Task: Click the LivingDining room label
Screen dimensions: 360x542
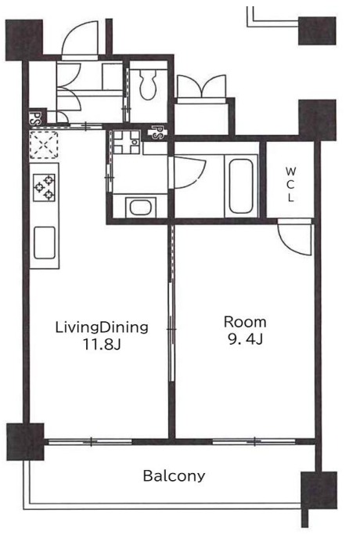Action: (x=102, y=327)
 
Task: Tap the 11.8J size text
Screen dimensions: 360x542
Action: (x=102, y=345)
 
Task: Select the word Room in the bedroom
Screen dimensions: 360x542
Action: (x=245, y=322)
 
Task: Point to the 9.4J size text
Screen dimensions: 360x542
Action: (x=246, y=340)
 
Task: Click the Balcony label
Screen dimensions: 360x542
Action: (x=174, y=476)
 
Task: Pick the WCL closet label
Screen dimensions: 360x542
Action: (x=291, y=184)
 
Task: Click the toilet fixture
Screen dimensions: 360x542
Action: (x=148, y=85)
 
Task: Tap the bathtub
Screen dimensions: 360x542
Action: (x=241, y=186)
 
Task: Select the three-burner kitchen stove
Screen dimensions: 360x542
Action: (x=45, y=187)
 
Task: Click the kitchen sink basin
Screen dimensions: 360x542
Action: (x=45, y=243)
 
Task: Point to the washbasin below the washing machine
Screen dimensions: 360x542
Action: (x=140, y=207)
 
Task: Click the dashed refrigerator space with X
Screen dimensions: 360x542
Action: (x=44, y=144)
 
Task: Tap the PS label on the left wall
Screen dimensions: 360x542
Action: (x=35, y=117)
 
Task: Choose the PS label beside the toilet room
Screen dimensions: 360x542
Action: (x=157, y=132)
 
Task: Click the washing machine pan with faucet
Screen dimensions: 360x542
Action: (x=127, y=142)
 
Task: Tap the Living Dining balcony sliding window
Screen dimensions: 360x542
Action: (x=90, y=442)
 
